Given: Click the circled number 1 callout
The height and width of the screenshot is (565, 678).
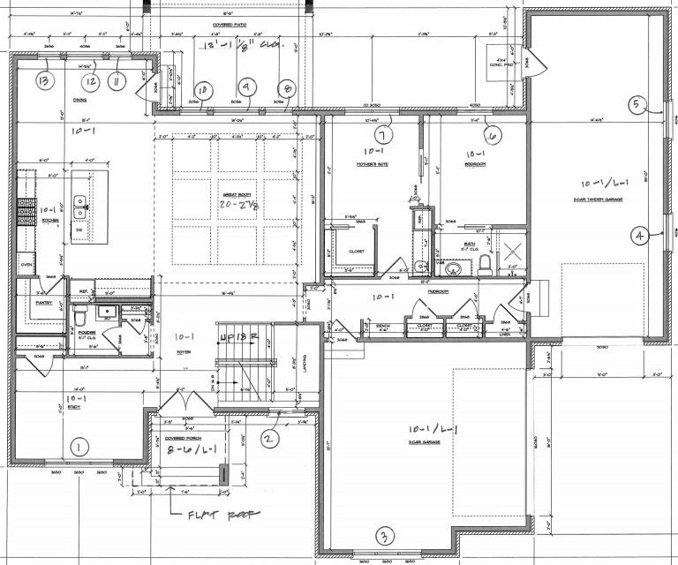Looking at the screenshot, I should tap(79, 447).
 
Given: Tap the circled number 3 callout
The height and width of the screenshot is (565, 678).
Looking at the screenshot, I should tap(383, 536).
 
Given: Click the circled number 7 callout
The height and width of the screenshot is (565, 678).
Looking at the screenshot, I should tap(382, 136).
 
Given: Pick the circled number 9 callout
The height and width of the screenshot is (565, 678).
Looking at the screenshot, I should tap(246, 87).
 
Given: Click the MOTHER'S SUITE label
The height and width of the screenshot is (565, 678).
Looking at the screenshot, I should tap(373, 165).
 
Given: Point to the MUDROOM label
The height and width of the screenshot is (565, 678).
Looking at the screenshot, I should tap(439, 290).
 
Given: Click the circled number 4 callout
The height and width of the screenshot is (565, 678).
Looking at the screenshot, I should tap(638, 235).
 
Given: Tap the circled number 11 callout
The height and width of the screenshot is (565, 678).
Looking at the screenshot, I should tap(115, 81).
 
